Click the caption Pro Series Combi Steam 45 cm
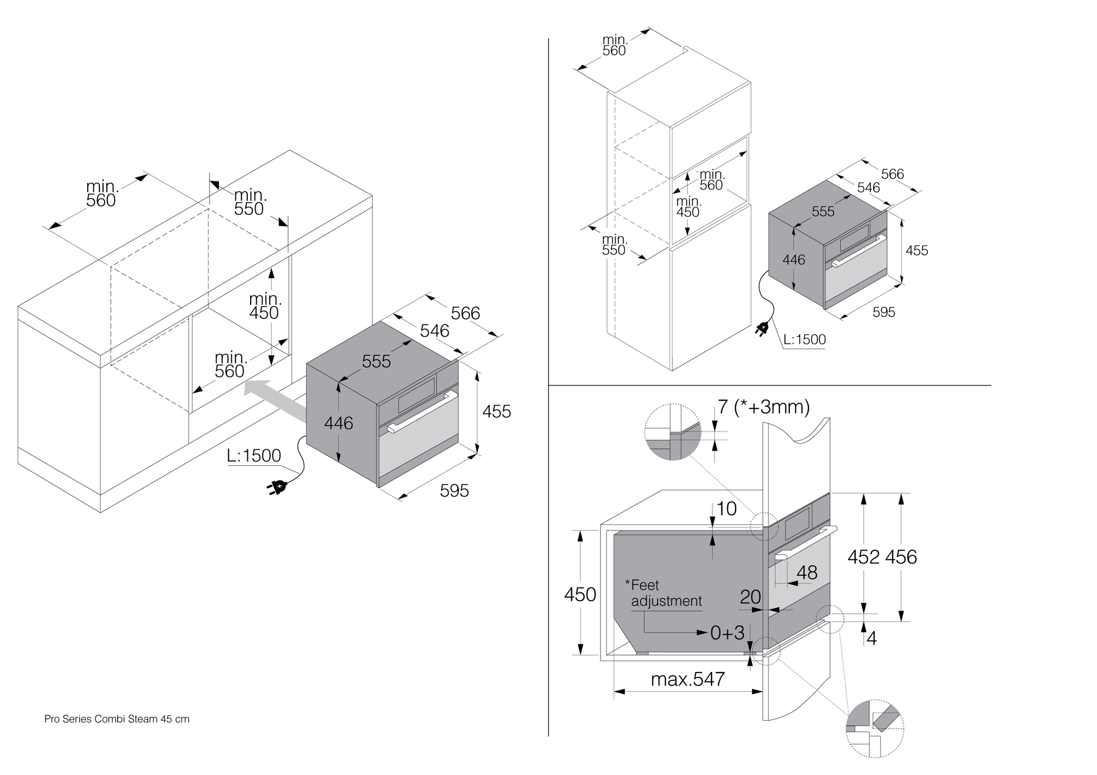point(117,719)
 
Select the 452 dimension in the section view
point(863,557)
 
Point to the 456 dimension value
point(901,557)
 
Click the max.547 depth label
point(688,680)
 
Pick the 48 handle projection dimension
point(807,573)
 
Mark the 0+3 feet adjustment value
point(727,633)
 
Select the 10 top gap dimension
point(727,509)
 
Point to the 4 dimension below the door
point(872,639)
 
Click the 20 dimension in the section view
point(750,597)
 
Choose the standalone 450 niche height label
point(580,594)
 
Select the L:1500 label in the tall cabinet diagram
point(804,340)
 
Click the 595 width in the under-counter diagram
point(454,491)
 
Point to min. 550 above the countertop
point(249,202)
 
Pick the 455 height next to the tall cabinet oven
point(917,250)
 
